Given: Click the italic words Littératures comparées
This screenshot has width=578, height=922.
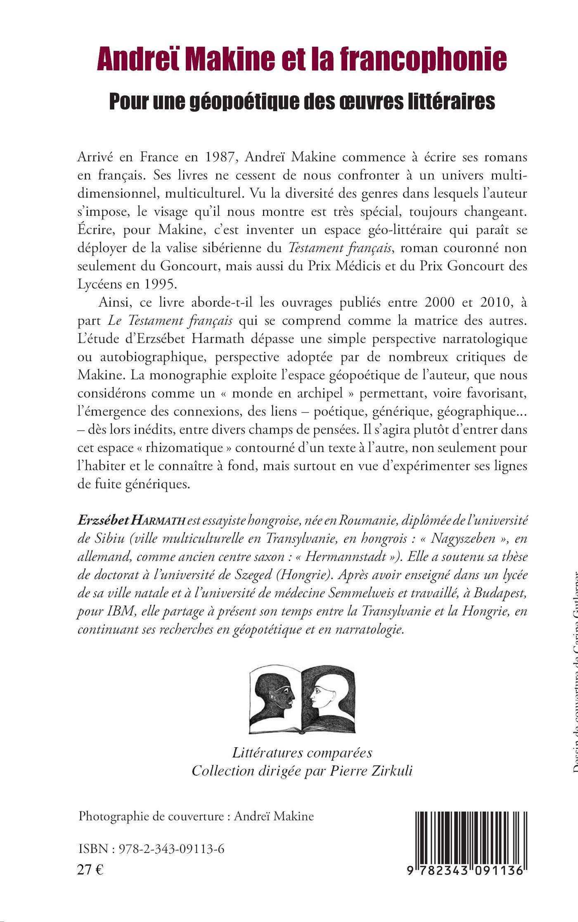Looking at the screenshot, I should [302, 753].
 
